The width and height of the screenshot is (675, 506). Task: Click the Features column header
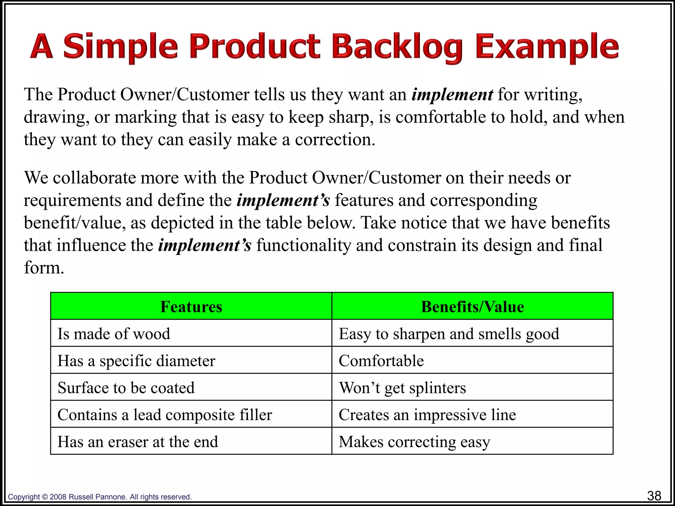point(191,306)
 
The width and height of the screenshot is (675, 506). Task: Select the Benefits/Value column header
point(472,306)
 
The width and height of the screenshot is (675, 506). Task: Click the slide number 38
point(654,495)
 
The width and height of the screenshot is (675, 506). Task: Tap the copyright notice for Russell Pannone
point(100,497)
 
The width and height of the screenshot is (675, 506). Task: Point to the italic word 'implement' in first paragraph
point(452,95)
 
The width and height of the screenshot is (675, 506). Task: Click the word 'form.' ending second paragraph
point(44,267)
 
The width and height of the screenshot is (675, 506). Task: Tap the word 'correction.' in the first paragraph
point(335,140)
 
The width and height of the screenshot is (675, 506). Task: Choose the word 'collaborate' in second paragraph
point(94,178)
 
